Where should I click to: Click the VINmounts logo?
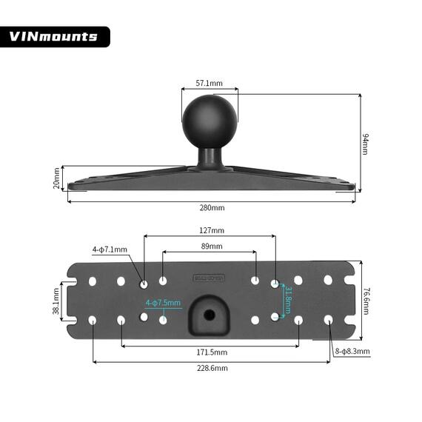pyautogui.click(x=54, y=36)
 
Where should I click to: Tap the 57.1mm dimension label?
pyautogui.click(x=210, y=84)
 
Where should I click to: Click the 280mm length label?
pyautogui.click(x=212, y=207)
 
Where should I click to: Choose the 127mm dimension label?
pyautogui.click(x=211, y=230)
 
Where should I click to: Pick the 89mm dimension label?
pyautogui.click(x=211, y=246)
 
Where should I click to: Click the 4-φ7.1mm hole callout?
pyautogui.click(x=110, y=249)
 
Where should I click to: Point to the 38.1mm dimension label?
pyautogui.click(x=57, y=301)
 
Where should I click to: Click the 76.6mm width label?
pyautogui.click(x=366, y=301)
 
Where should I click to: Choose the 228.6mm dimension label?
pyautogui.click(x=212, y=368)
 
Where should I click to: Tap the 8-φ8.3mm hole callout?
pyautogui.click(x=353, y=351)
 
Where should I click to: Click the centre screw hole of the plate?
pyautogui.click(x=210, y=314)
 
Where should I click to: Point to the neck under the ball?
pyautogui.click(x=210, y=155)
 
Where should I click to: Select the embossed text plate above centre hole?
pyautogui.click(x=210, y=278)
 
